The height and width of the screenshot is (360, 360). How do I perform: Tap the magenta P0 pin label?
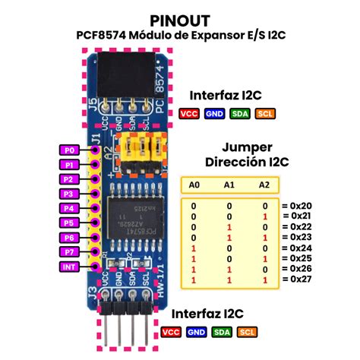[x=70, y=150]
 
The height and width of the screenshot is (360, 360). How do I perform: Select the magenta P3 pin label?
[x=70, y=194]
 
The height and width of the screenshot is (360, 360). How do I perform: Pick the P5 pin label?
[x=70, y=223]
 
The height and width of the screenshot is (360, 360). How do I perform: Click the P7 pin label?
[x=70, y=252]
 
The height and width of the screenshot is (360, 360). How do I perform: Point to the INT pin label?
[x=69, y=267]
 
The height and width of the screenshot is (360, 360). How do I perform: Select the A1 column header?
[x=229, y=185]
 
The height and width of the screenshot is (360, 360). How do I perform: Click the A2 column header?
[x=264, y=185]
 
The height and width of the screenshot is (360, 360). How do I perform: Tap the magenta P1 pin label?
[x=70, y=165]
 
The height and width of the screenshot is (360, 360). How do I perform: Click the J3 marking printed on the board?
[x=93, y=292]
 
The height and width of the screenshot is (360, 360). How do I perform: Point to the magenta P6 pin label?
[x=70, y=238]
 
